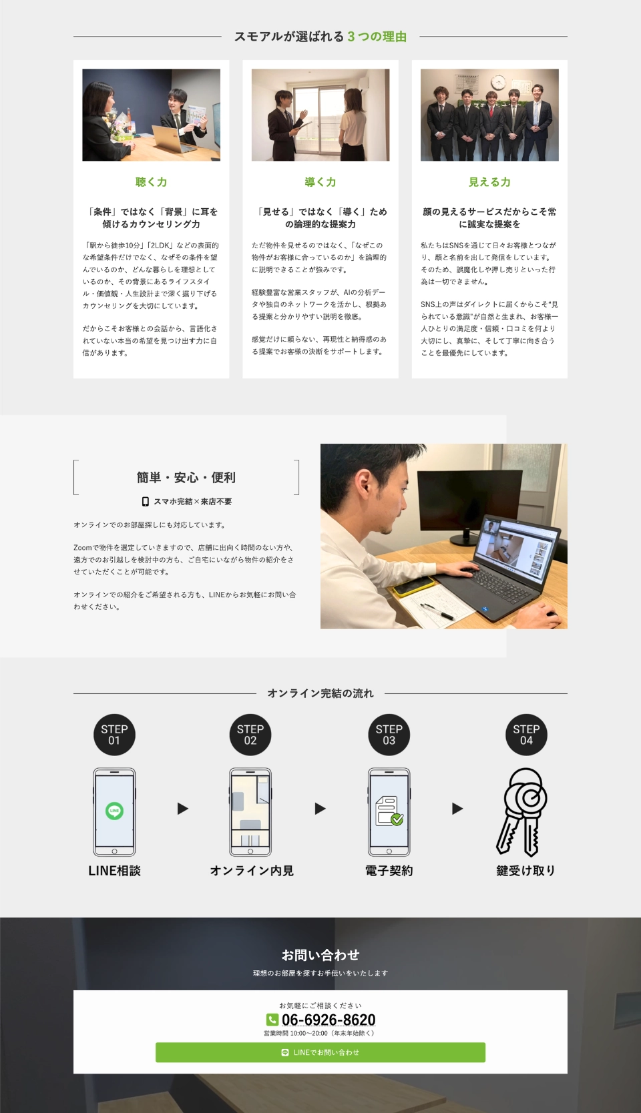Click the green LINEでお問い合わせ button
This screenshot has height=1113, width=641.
click(320, 1052)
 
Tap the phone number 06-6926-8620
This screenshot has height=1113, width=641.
click(329, 1020)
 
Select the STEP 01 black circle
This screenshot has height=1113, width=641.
click(114, 735)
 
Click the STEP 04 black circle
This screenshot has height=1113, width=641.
click(526, 735)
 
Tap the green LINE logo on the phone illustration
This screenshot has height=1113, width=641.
click(114, 811)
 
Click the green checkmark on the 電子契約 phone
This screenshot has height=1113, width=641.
click(397, 819)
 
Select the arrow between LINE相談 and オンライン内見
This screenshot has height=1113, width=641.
click(182, 809)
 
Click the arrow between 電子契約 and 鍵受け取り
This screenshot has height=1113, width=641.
click(457, 809)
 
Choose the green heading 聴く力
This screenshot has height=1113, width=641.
click(151, 182)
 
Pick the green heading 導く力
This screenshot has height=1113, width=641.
click(320, 182)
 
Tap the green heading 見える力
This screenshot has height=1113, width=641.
click(489, 182)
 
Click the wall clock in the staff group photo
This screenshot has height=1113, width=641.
click(498, 82)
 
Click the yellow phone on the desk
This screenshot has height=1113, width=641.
click(413, 587)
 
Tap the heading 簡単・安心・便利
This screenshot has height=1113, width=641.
click(186, 478)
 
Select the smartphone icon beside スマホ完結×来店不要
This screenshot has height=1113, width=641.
click(145, 502)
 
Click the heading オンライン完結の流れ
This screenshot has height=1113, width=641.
click(320, 693)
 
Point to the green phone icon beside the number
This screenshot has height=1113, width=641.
click(272, 1020)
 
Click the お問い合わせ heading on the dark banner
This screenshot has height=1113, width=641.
click(320, 954)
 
